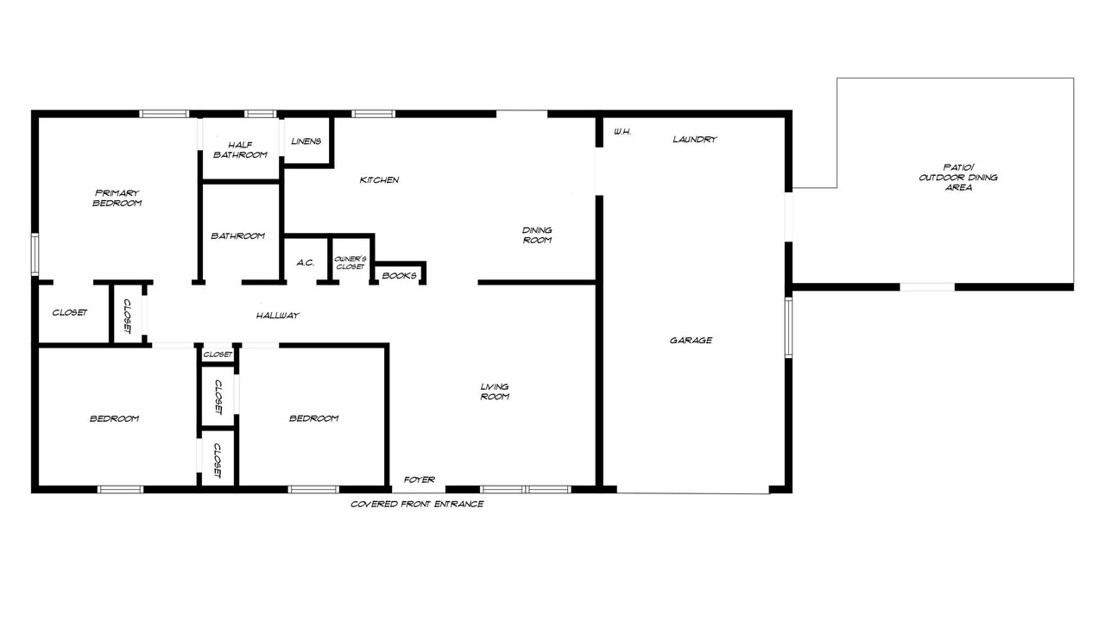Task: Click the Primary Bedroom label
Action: click(x=117, y=198)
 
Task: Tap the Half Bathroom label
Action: click(x=240, y=150)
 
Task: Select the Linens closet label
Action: click(x=306, y=141)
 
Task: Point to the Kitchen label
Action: click(x=379, y=180)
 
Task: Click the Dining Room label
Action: click(x=537, y=235)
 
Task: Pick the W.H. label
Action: click(x=622, y=132)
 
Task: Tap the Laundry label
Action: click(x=695, y=140)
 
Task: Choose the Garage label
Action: click(x=691, y=340)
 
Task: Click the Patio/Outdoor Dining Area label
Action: click(x=958, y=178)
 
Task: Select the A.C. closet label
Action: click(x=306, y=263)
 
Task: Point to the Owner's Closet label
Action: click(x=350, y=263)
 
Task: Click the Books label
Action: click(x=399, y=275)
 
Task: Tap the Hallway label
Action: click(x=278, y=316)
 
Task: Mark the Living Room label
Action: click(x=495, y=392)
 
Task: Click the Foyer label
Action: click(x=420, y=480)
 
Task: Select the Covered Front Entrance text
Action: click(x=417, y=505)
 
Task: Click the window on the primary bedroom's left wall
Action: click(x=35, y=254)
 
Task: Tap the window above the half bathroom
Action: click(x=261, y=114)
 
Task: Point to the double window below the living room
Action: click(x=526, y=489)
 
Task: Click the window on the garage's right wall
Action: click(x=788, y=327)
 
